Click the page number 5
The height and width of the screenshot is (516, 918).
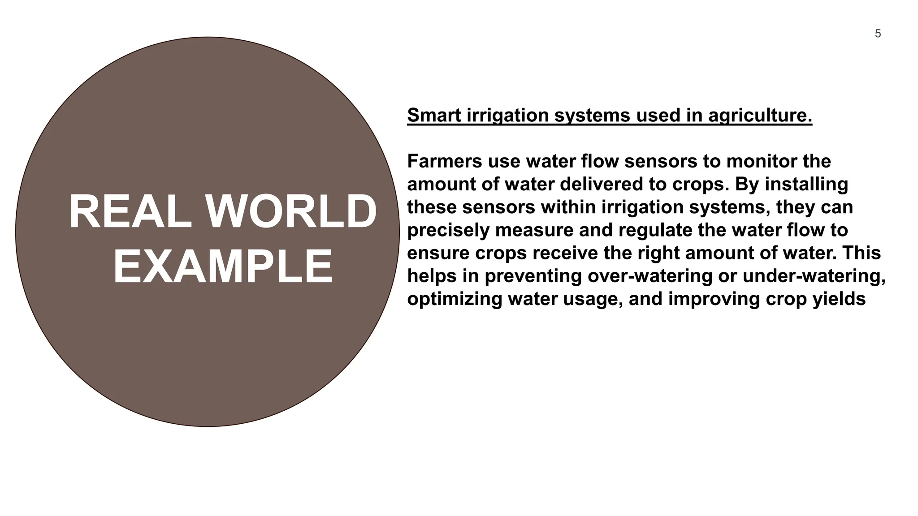878,34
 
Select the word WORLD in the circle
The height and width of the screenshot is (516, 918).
291,212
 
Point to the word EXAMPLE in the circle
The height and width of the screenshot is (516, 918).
223,267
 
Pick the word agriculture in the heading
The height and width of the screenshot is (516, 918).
760,115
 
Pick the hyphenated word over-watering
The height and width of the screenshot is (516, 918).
650,276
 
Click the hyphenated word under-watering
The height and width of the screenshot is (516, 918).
814,276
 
